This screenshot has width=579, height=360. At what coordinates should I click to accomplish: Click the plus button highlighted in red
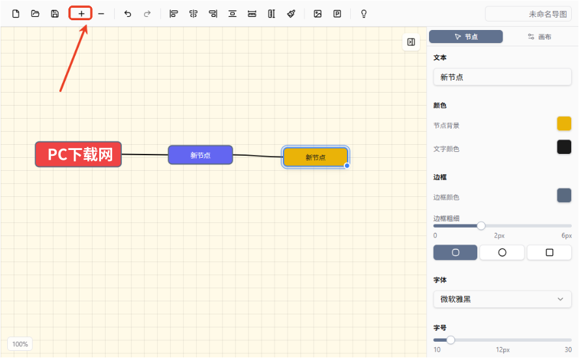81,14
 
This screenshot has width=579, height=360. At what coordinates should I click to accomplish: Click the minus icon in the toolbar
101,14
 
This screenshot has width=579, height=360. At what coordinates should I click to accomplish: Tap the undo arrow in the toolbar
128,14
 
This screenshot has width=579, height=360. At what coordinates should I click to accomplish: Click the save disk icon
55,14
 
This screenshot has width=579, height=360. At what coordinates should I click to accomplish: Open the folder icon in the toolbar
35,14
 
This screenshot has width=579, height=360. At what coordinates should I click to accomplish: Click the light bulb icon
364,14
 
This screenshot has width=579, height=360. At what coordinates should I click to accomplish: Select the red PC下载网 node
78,155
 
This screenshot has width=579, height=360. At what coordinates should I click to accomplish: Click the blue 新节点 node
201,155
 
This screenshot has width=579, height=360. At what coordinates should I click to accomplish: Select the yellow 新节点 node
316,157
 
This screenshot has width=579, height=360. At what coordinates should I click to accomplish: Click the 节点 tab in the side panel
466,37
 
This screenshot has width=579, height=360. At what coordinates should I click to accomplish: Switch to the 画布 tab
539,37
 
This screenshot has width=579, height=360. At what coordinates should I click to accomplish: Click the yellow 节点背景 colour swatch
564,124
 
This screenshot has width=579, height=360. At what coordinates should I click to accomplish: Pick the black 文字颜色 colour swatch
564,147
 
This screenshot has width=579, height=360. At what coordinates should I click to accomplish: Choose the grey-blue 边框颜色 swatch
564,195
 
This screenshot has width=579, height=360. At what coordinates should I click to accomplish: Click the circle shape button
502,252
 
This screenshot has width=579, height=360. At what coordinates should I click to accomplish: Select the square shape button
550,252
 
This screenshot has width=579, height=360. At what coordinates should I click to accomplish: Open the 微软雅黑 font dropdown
502,299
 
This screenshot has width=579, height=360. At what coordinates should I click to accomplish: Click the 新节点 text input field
502,77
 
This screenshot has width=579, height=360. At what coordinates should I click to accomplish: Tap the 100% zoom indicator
20,344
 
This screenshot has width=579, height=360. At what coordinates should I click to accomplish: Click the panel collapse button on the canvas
411,42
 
